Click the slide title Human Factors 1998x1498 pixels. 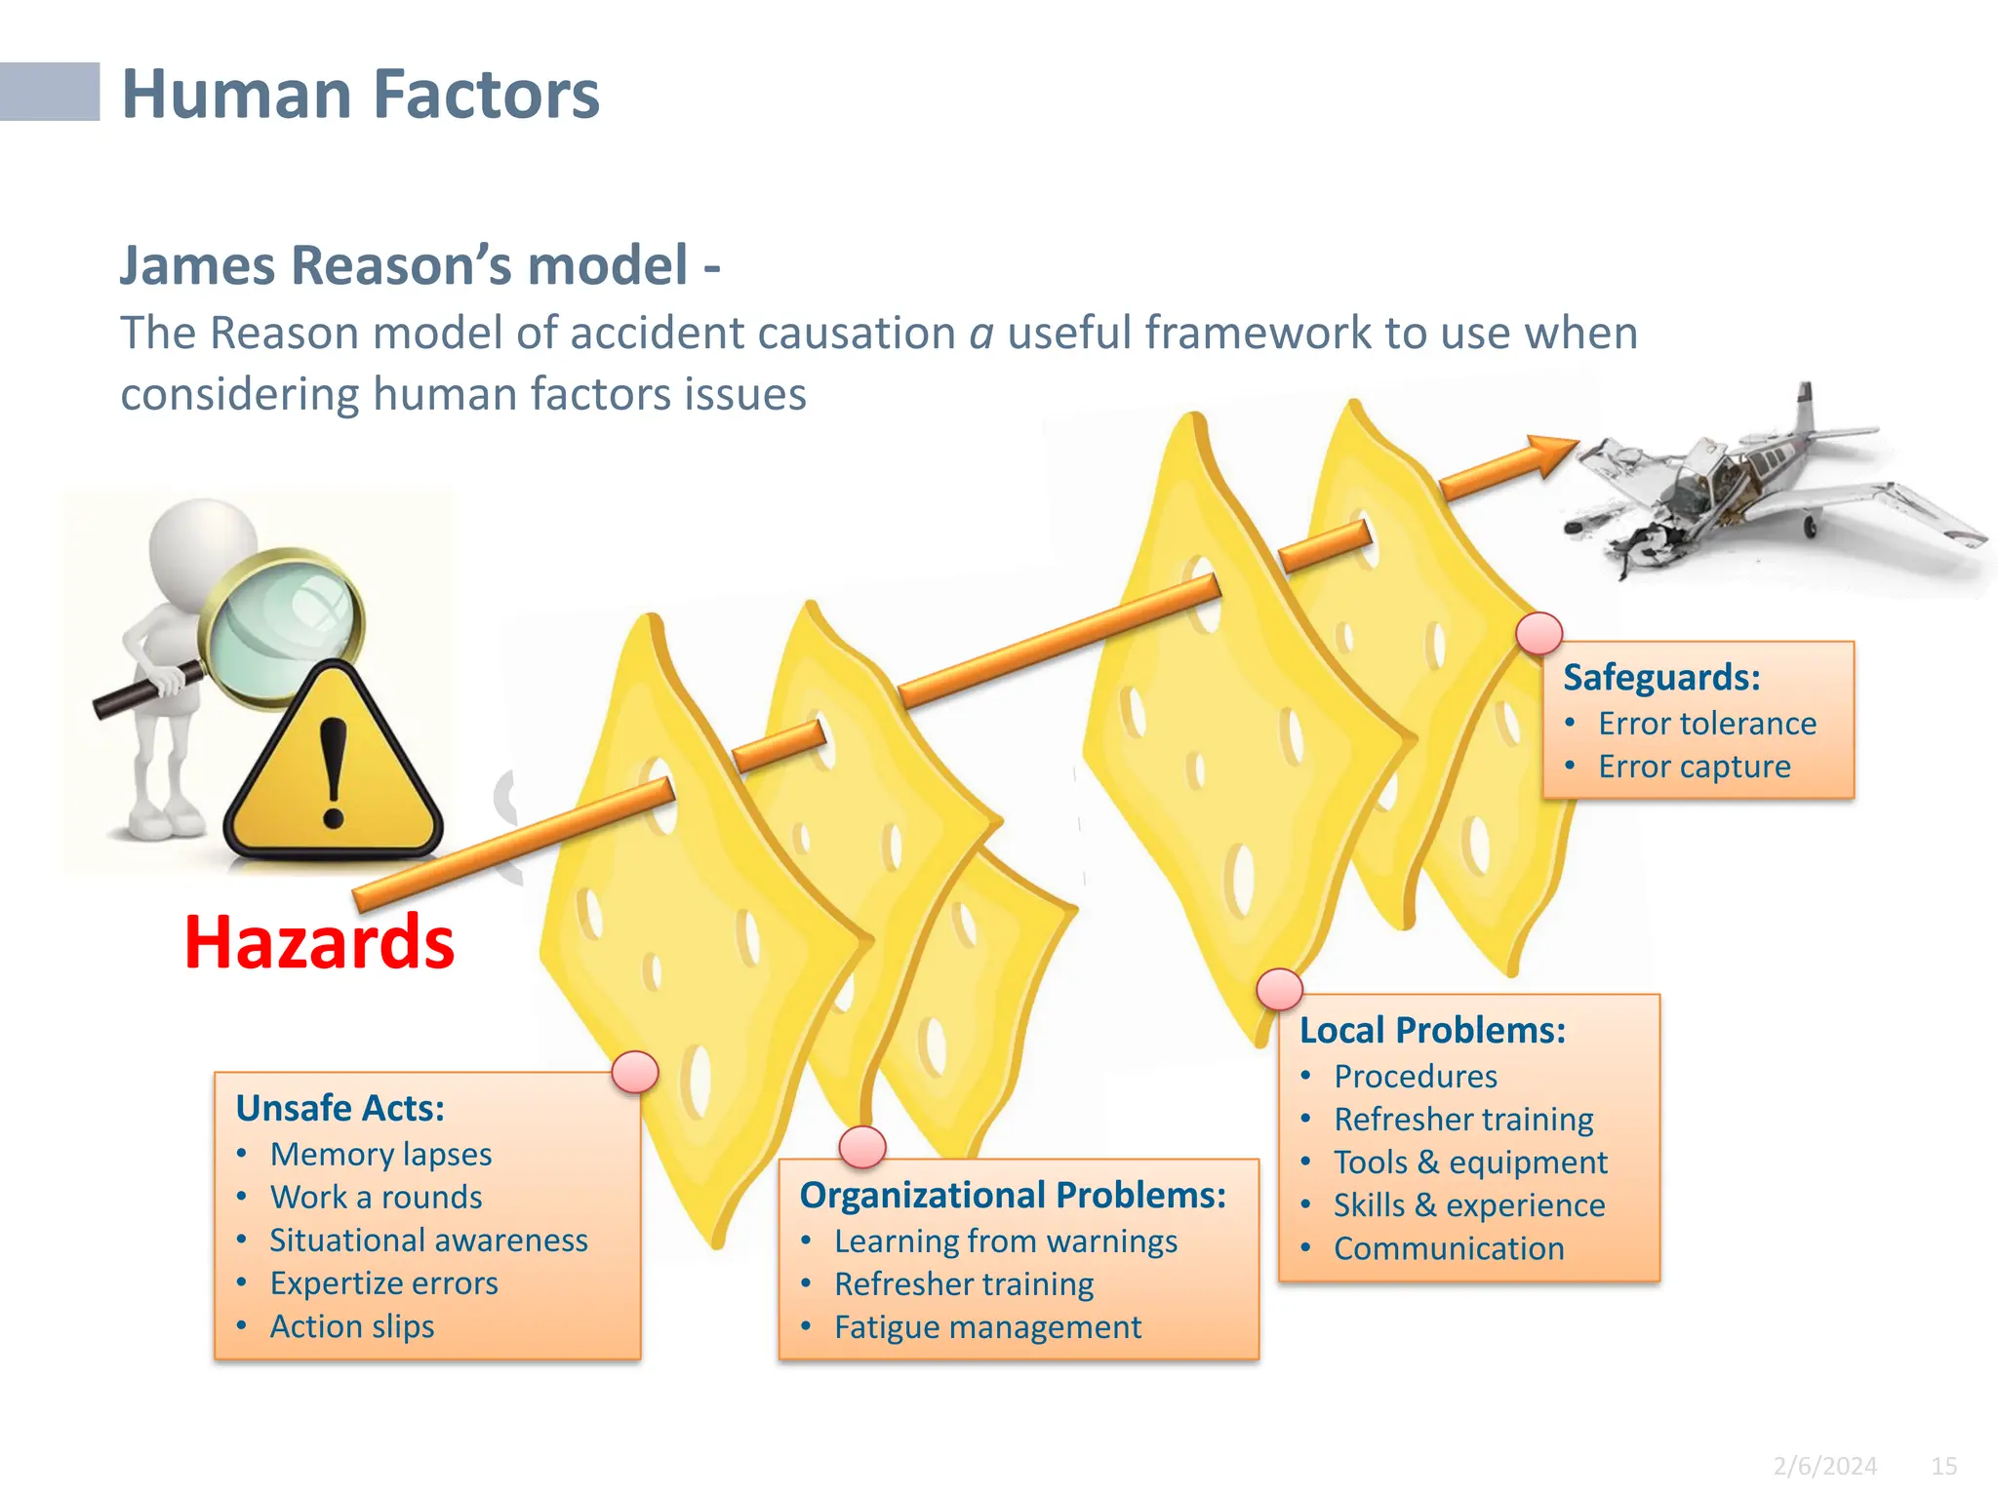point(360,95)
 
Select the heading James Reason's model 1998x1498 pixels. point(420,265)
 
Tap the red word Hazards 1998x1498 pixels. point(319,942)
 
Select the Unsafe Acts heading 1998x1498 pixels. point(340,1109)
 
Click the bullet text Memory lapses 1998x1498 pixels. point(380,1155)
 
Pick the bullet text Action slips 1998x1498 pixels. point(352,1326)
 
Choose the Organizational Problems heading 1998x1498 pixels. point(1013,1196)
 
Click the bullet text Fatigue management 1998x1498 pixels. point(987,1327)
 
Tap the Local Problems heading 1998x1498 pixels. point(1432,1031)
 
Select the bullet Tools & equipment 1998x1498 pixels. point(1470,1163)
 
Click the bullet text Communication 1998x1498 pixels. point(1449,1249)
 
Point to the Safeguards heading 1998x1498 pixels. point(1661,678)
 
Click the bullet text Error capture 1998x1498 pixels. point(1694,767)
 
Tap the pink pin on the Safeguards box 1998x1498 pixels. point(1539,633)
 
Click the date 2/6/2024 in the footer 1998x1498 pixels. point(1824,1466)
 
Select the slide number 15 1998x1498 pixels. point(1943,1466)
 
